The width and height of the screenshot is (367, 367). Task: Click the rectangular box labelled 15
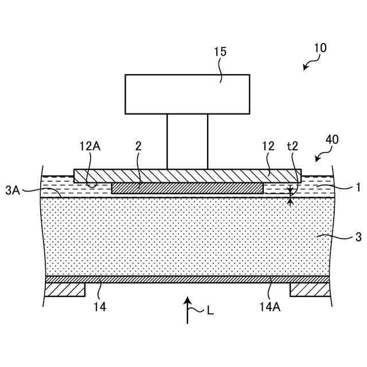(x=187, y=94)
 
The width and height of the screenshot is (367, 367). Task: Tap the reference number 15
(x=220, y=52)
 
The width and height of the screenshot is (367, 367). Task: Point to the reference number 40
(x=331, y=139)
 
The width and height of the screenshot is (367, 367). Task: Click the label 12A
(x=89, y=146)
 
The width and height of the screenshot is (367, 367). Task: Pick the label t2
(x=292, y=146)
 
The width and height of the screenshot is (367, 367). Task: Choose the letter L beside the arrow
(x=210, y=311)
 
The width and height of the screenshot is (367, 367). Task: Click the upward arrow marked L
(x=187, y=310)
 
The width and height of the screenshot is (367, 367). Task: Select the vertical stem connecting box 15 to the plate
(x=187, y=141)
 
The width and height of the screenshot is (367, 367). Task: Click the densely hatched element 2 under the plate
(x=187, y=188)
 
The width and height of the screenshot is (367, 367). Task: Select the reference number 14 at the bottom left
(x=99, y=307)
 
